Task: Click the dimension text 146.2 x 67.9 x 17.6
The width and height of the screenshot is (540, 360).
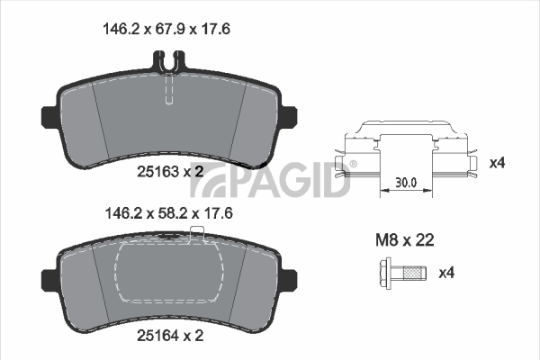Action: [166, 29]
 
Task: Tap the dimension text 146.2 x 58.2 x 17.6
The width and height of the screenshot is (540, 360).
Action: [169, 213]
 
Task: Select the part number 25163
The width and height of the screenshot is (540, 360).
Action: [157, 171]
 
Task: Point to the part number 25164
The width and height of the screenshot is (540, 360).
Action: [157, 335]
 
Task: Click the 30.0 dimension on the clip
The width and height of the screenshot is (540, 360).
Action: [406, 182]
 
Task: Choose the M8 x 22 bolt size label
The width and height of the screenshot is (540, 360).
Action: [405, 239]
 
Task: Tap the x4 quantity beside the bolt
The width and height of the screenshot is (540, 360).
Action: [446, 273]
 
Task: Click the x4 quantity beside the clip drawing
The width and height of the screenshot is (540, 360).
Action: [498, 163]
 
